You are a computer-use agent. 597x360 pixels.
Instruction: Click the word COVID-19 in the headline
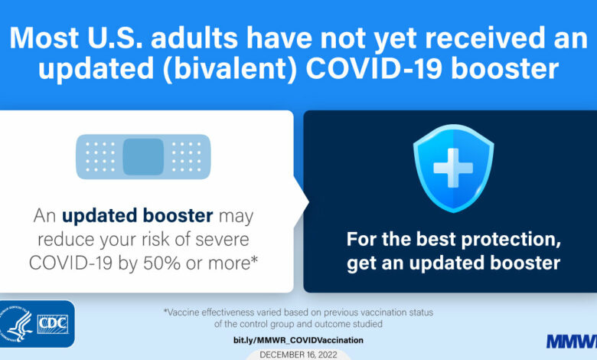374,69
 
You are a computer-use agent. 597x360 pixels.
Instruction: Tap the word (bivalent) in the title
230,70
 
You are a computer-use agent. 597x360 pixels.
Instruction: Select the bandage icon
144,156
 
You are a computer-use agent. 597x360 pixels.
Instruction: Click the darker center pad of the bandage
144,156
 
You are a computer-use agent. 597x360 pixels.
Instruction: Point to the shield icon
453,168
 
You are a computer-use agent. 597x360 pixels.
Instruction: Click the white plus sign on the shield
453,168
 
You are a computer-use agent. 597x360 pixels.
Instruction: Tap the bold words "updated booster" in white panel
138,216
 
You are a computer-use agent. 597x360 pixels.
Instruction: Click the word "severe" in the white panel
223,240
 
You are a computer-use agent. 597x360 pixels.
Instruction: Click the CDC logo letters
53,324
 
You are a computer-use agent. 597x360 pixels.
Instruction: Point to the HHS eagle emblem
16,324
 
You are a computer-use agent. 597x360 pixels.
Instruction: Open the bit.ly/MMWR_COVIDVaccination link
298,340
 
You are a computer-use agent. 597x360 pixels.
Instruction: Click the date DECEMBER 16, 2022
298,355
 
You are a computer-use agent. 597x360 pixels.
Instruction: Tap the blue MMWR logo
572,342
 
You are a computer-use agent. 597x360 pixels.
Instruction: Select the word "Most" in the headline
44,38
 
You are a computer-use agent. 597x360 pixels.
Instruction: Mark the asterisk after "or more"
254,260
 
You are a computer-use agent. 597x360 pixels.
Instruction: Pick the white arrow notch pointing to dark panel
302,202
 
